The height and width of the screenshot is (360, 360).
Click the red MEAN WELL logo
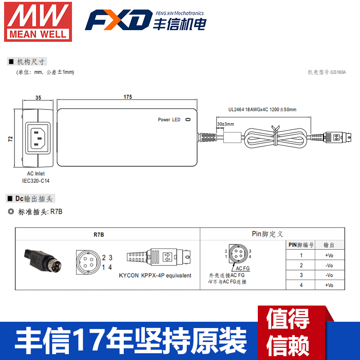point(38,22)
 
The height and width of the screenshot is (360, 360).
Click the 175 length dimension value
point(127,97)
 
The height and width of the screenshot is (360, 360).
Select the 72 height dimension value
point(10,139)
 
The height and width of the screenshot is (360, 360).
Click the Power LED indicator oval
point(188,120)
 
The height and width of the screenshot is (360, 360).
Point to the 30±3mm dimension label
point(225,124)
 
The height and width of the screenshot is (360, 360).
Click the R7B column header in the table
point(99,234)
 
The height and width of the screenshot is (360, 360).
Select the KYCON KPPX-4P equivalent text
point(155,275)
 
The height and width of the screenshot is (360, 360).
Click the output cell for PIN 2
point(329,265)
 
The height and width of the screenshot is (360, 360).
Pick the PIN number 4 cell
point(301,285)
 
